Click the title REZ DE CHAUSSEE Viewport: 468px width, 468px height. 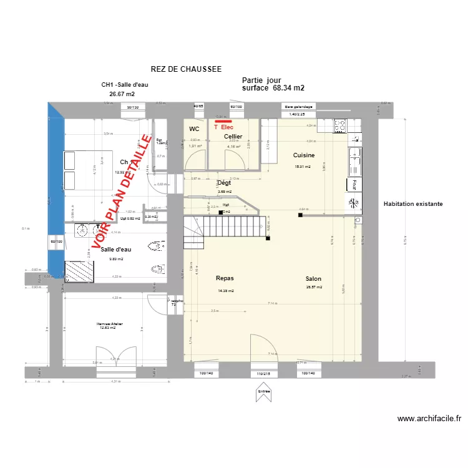pyautogui.click(x=186, y=70)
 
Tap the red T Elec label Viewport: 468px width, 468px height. pyautogui.click(x=223, y=127)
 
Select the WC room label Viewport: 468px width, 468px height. pyautogui.click(x=194, y=129)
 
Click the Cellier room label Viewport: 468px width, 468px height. pyautogui.click(x=233, y=136)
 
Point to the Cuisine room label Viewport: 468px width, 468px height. pyautogui.click(x=304, y=155)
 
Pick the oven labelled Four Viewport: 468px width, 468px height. pyautogui.click(x=353, y=184)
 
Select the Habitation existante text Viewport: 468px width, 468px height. pyautogui.click(x=413, y=204)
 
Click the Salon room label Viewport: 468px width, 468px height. pyautogui.click(x=313, y=279)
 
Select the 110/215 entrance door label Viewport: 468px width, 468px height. pyautogui.click(x=264, y=373)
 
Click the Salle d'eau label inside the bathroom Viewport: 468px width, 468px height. pyautogui.click(x=116, y=249)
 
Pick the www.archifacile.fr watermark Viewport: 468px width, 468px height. pyautogui.click(x=429, y=419)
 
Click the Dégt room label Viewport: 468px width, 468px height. pyautogui.click(x=223, y=183)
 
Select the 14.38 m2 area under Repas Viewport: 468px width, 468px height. pyautogui.click(x=225, y=291)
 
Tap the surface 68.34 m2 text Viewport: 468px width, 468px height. pyautogui.click(x=273, y=88)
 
